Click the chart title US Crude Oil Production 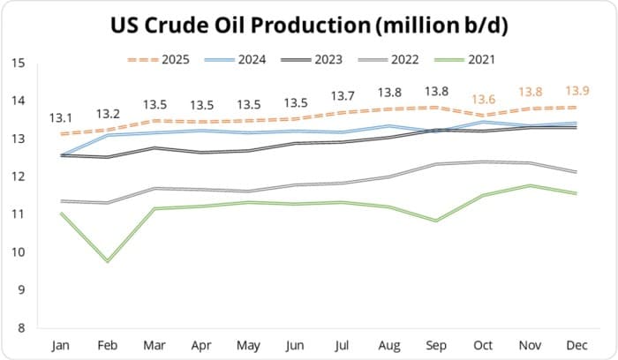click(x=309, y=26)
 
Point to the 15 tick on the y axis click(x=19, y=64)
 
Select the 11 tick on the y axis click(x=19, y=214)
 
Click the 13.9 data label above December click(x=577, y=91)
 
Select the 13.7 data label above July click(x=342, y=95)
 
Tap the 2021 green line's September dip click(x=434, y=221)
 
